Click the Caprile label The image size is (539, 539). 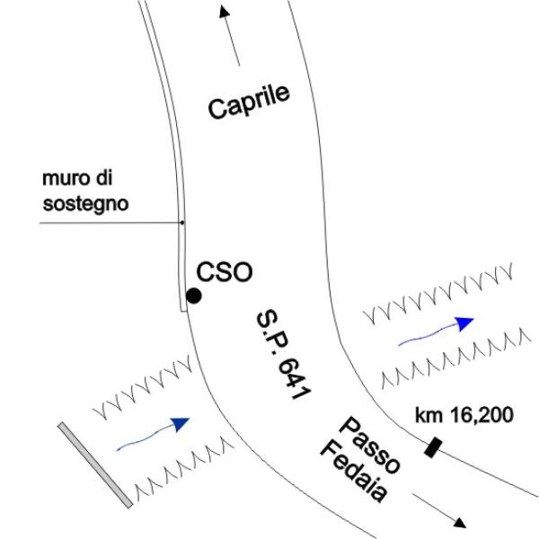[249, 102]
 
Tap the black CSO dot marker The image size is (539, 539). [193, 296]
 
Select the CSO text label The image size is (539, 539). [224, 272]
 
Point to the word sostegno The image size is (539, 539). [85, 204]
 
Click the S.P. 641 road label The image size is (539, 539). [283, 355]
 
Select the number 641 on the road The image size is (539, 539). [294, 378]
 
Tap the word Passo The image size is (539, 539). [369, 445]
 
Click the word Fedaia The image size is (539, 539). [354, 472]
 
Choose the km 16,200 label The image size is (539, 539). [464, 415]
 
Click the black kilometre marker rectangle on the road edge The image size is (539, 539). [433, 447]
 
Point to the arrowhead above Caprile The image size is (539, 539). [224, 12]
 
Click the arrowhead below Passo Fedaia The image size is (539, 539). [460, 523]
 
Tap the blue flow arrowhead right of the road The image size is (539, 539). [464, 323]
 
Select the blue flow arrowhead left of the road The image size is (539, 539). [181, 424]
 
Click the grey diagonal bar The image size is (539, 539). [95, 465]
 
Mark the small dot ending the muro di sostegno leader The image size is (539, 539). [182, 223]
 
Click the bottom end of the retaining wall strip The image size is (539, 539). [184, 312]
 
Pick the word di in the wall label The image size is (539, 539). [104, 178]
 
